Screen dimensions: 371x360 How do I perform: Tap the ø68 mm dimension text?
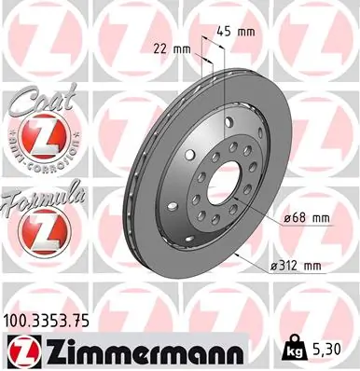pos(305,218)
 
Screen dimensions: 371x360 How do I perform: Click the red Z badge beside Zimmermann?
pos(21,351)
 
